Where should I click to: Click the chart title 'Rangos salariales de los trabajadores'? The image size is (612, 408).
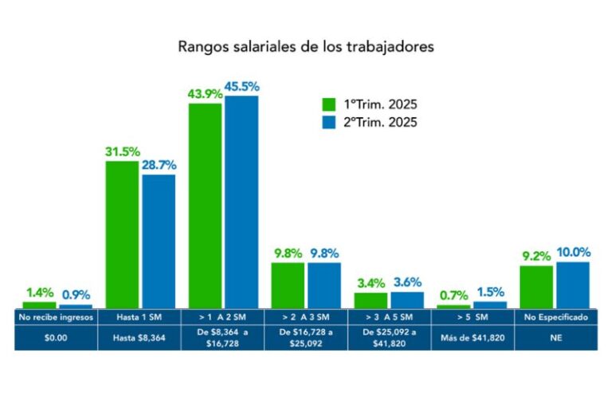[305, 46]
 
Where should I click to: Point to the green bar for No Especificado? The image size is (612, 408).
[536, 287]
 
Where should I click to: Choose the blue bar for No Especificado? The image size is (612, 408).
[573, 285]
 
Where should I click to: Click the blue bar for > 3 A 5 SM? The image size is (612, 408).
[407, 300]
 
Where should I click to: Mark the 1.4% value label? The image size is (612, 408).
[39, 292]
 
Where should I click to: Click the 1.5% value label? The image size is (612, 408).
[490, 292]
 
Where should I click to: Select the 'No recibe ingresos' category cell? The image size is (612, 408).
[57, 317]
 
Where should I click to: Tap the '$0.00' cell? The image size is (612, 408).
[57, 338]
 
